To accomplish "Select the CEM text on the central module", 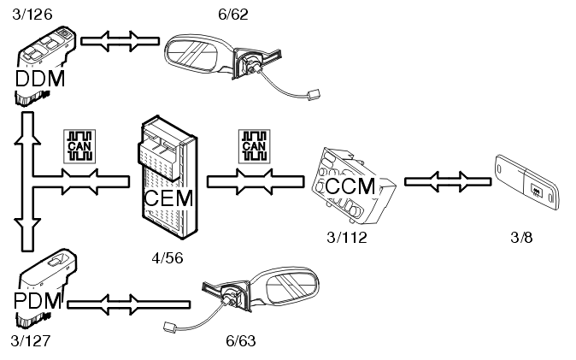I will [x=168, y=199].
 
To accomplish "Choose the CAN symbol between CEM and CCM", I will [x=253, y=146].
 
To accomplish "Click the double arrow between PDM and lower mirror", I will [x=128, y=302].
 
